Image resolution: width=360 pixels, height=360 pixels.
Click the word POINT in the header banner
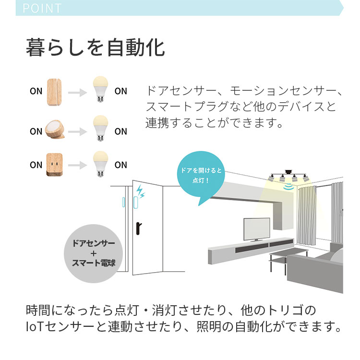click(42, 8)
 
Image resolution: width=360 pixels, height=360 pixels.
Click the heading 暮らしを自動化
click(95, 48)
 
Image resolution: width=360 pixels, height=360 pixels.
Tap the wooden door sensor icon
click(54, 91)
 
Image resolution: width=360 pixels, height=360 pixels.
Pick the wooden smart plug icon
click(54, 164)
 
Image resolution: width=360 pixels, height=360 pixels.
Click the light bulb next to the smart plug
click(100, 164)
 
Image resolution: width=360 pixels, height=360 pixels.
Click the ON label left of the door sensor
click(36, 92)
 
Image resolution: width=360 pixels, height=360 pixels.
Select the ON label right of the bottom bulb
click(121, 165)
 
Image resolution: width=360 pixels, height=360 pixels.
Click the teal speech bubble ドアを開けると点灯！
click(201, 177)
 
